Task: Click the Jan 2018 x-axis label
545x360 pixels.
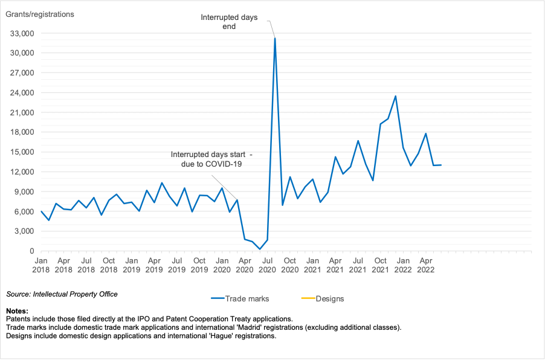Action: coord(41,265)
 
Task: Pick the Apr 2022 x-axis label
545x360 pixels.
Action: coord(426,265)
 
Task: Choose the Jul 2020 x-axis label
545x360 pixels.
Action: coord(268,265)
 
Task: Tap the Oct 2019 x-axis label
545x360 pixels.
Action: coord(199,265)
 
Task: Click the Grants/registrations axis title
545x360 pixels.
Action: coord(40,14)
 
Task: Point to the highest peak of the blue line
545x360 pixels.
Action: coord(275,38)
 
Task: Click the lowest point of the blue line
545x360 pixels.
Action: coord(260,249)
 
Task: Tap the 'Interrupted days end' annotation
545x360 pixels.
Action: coord(229,22)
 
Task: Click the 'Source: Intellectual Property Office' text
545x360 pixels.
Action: coord(62,294)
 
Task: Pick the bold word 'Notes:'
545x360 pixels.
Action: coord(17,310)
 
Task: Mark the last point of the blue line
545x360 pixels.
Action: coord(441,165)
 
